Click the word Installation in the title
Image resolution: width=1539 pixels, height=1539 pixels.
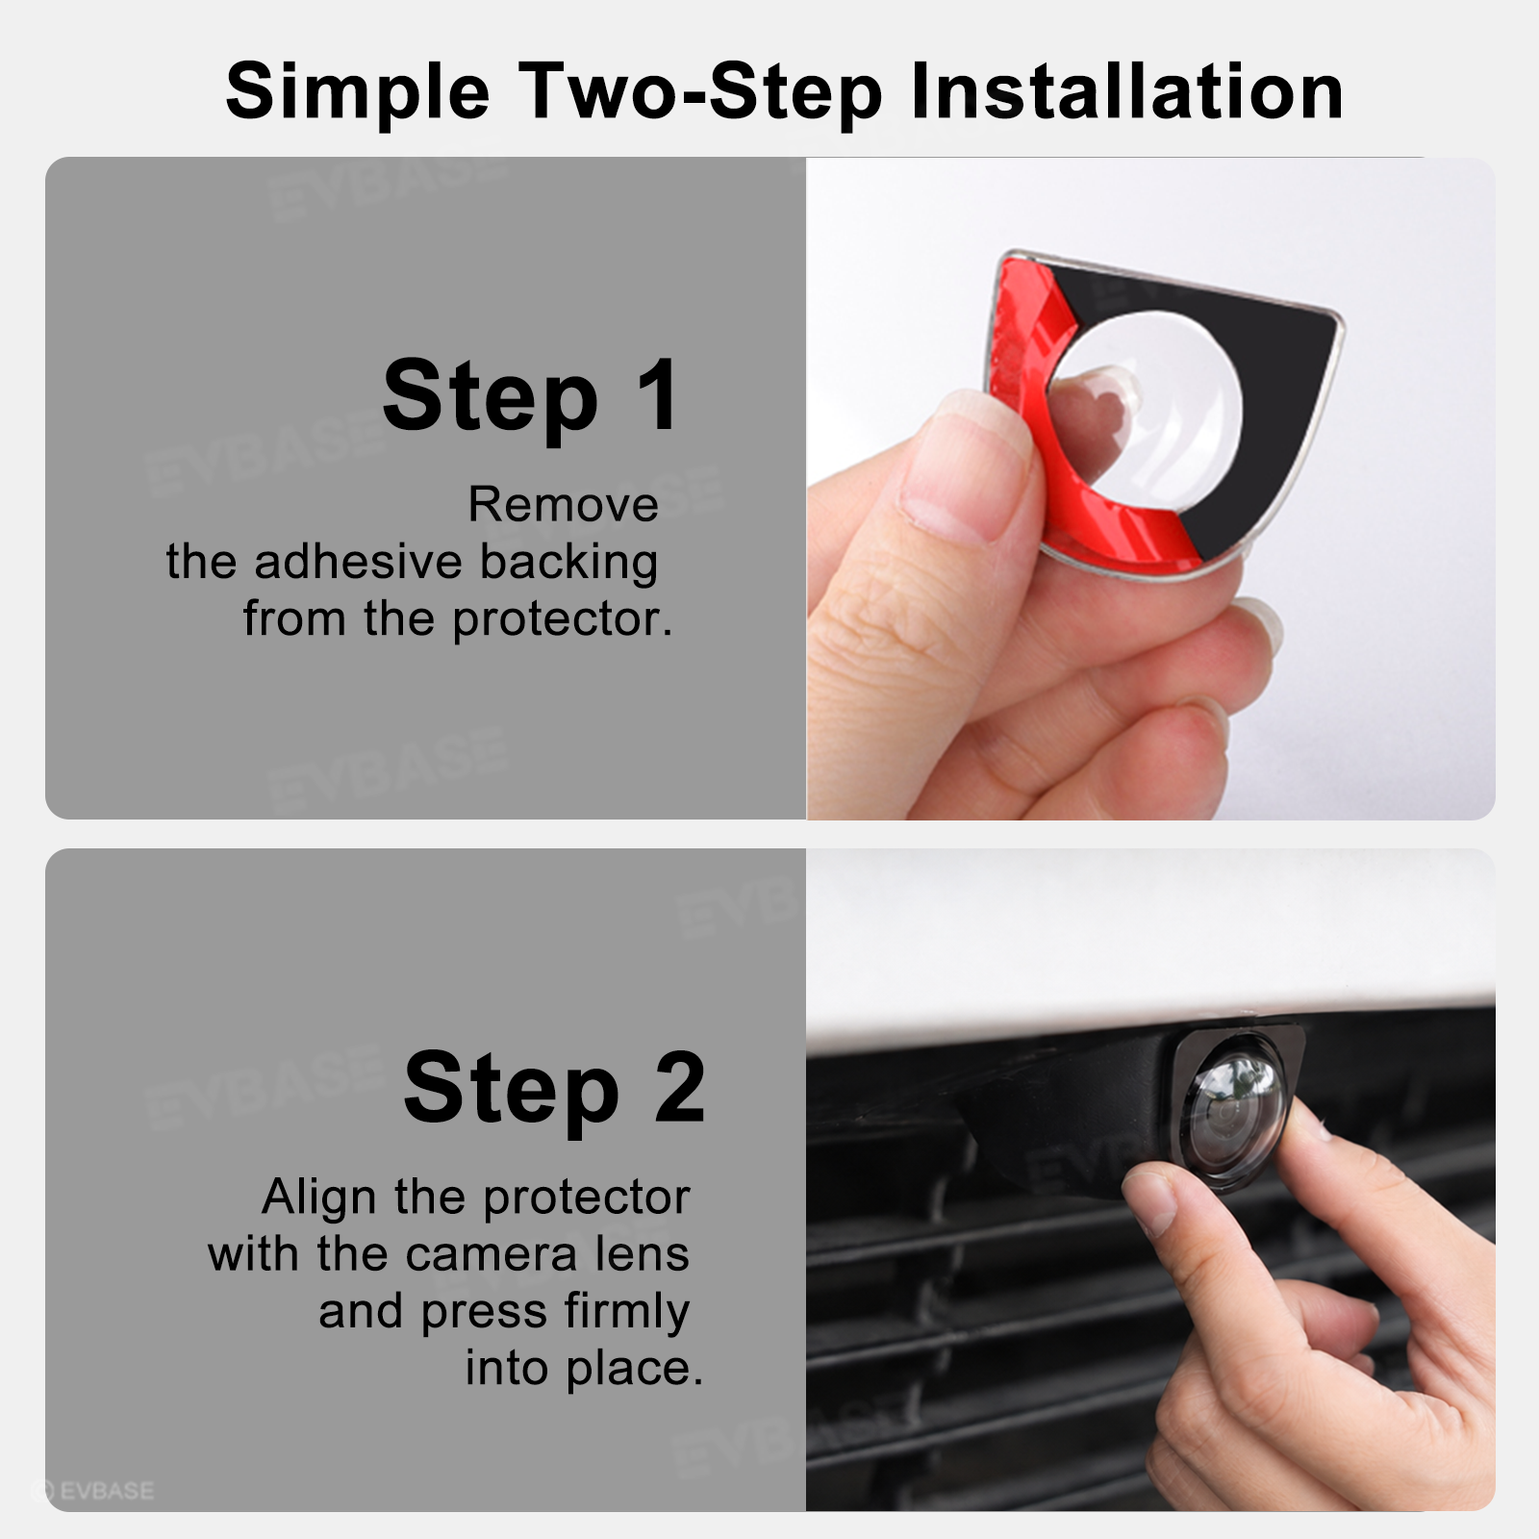click(x=1126, y=90)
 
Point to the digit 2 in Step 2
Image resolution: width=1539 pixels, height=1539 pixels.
click(x=680, y=1087)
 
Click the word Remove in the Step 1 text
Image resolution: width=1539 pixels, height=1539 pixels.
click(x=564, y=505)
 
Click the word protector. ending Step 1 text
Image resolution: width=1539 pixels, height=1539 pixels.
click(x=563, y=620)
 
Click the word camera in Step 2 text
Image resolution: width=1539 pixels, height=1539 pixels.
click(x=492, y=1255)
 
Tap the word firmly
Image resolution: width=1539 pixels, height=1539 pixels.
click(x=627, y=1313)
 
